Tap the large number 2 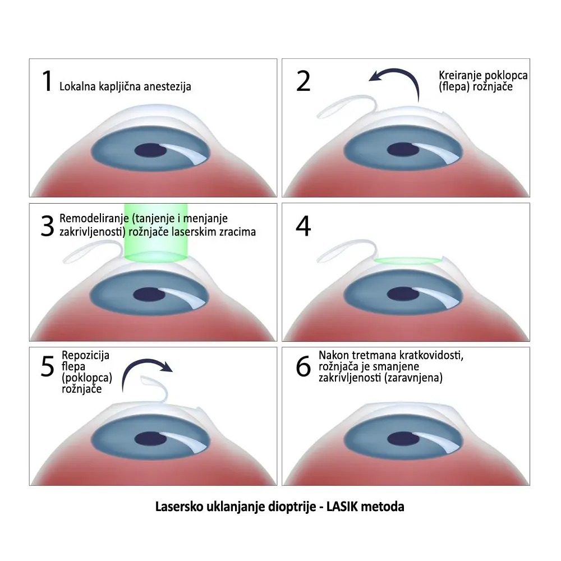[304, 81]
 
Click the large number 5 [48, 367]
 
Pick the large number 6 [303, 367]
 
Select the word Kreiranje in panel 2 [459, 76]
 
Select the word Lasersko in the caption [177, 507]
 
